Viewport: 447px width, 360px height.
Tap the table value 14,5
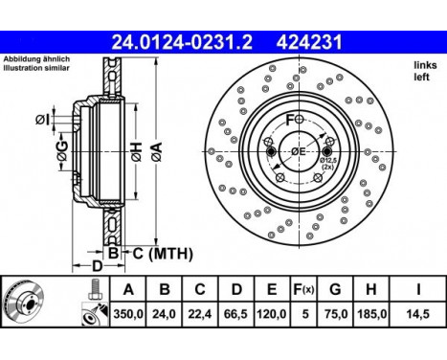(418, 311)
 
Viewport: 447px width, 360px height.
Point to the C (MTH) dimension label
(157, 254)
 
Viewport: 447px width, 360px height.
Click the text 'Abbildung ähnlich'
(34, 60)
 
